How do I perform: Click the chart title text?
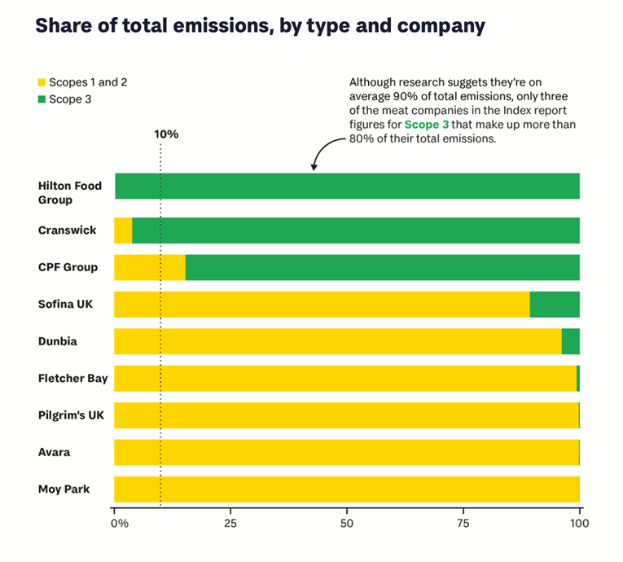(260, 26)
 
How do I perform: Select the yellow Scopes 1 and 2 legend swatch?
(42, 82)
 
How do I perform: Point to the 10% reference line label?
(166, 134)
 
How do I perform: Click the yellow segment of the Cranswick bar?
(123, 231)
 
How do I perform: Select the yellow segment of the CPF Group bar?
(150, 267)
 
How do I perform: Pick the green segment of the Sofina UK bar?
(555, 305)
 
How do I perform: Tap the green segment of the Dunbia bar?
(571, 341)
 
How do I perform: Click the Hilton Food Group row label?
(70, 193)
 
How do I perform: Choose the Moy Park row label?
(64, 490)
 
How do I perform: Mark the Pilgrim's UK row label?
(70, 415)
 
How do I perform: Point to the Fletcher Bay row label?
(72, 378)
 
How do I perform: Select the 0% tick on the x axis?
(119, 522)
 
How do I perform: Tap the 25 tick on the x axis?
(231, 522)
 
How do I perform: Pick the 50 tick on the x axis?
(347, 522)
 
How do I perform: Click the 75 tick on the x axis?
(463, 522)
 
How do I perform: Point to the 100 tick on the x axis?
(579, 522)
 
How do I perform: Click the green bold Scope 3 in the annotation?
(428, 125)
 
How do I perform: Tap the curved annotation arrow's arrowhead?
(314, 169)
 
